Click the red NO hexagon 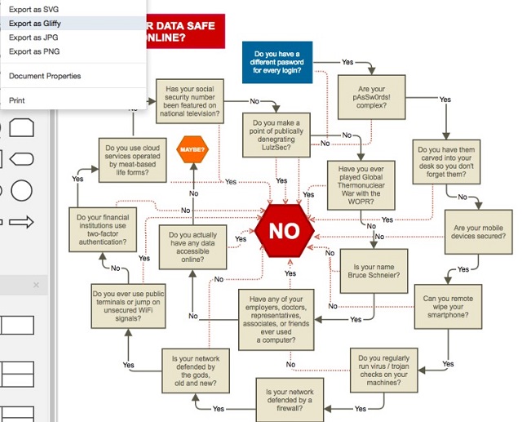[284, 231]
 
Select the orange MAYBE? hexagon [192, 150]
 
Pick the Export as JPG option [33, 38]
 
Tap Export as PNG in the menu [34, 51]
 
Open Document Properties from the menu [45, 76]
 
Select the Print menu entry [16, 100]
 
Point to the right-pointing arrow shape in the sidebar [20, 221]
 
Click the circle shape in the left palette [21, 191]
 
